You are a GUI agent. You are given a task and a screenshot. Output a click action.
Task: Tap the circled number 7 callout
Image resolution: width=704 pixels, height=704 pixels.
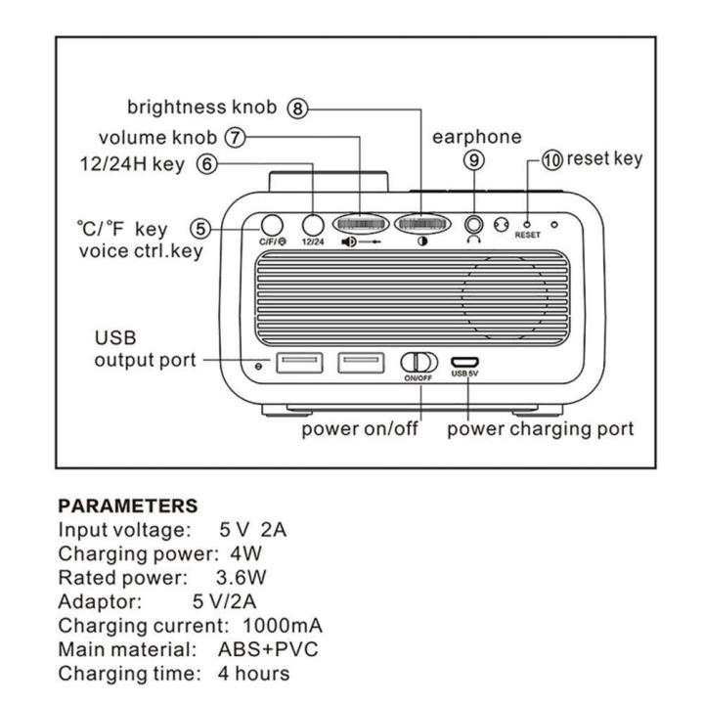point(234,138)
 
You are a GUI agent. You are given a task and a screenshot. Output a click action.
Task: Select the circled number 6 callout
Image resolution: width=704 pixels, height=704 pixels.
point(206,165)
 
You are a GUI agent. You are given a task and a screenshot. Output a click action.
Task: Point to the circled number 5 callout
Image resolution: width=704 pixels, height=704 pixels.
point(199,229)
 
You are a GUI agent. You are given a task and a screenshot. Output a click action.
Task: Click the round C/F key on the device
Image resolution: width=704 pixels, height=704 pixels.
point(271,224)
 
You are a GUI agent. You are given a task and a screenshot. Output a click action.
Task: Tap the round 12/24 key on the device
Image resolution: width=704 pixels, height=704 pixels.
point(313,224)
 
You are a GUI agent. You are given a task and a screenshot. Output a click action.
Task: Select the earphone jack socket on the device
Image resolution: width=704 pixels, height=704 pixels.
point(474,224)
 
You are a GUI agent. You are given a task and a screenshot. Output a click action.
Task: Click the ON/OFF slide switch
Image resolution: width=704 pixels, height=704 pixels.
point(417,362)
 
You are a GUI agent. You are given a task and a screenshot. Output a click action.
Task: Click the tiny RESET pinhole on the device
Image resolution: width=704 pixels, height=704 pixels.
point(527,224)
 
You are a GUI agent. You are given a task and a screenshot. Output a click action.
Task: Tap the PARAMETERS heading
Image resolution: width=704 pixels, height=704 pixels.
point(128,506)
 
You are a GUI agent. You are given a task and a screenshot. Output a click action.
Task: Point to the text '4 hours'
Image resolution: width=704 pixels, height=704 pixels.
point(254,674)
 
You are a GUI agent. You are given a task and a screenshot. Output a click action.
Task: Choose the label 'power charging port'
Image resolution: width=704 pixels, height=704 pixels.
point(541,428)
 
